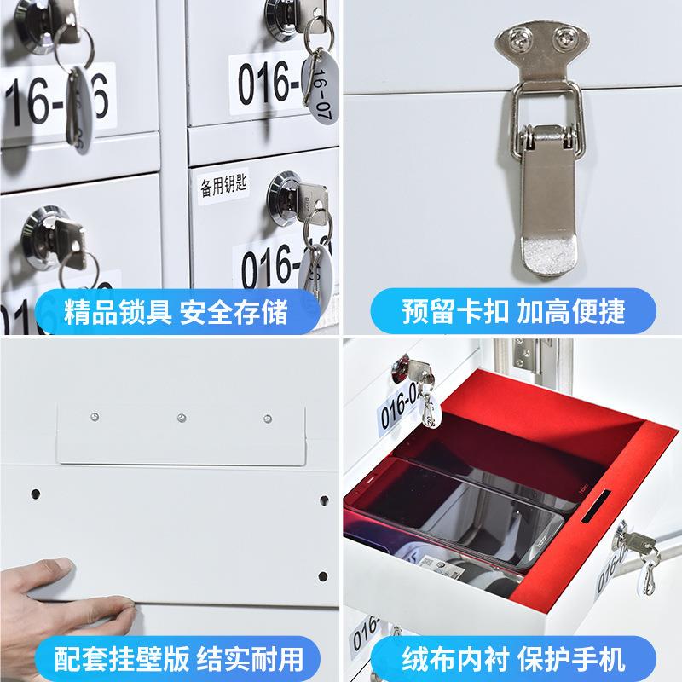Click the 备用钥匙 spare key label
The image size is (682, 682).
point(223,187)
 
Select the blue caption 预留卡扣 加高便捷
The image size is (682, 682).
point(512,310)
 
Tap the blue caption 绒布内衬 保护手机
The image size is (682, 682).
point(512,658)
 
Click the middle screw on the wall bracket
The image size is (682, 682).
point(181,419)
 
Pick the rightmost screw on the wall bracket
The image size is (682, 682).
point(267,419)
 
